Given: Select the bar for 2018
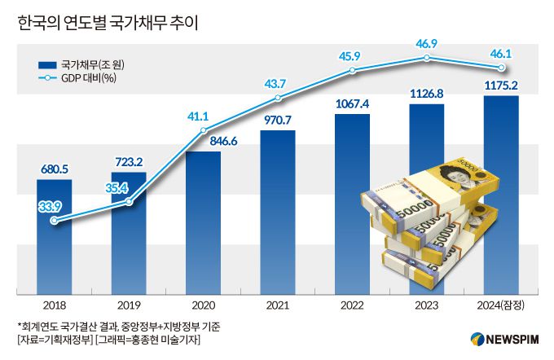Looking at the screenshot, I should click(x=55, y=236).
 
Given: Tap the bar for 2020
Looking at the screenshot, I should click(x=203, y=220).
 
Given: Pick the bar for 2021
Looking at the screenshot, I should click(x=278, y=212).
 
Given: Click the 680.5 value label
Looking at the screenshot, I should click(x=55, y=169).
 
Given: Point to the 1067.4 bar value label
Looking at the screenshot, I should click(x=352, y=103).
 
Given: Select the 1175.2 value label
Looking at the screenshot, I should click(x=501, y=84).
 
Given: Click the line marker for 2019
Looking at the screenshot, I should click(x=129, y=201).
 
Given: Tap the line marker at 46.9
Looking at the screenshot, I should click(x=426, y=59).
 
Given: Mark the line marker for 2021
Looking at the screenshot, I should click(x=278, y=98).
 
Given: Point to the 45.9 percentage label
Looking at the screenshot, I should click(x=351, y=55).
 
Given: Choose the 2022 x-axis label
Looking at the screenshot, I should click(x=352, y=305).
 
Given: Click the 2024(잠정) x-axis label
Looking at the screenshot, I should click(x=500, y=305).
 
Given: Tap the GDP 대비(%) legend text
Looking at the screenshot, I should click(x=87, y=79).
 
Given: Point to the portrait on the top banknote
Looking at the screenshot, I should click(x=453, y=175).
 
